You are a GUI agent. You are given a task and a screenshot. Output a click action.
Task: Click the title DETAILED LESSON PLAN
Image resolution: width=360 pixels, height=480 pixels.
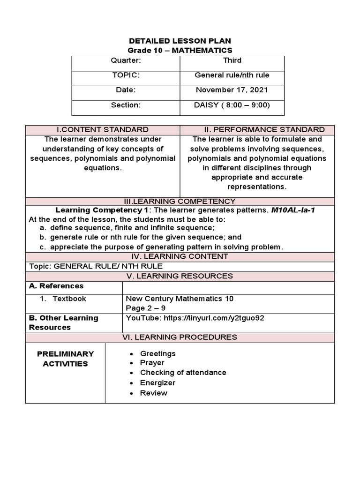click(x=180, y=41)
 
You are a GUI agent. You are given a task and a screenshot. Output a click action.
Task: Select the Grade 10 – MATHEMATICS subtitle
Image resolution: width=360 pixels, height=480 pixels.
click(x=180, y=50)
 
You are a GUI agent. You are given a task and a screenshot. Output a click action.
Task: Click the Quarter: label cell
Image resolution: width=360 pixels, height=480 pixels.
click(x=126, y=60)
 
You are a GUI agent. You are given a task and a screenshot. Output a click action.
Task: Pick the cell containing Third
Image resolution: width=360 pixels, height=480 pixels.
click(x=232, y=60)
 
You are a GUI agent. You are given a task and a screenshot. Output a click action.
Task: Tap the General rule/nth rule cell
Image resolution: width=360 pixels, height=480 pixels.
click(x=232, y=75)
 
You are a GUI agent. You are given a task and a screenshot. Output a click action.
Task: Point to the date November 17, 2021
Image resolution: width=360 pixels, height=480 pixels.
click(x=232, y=90)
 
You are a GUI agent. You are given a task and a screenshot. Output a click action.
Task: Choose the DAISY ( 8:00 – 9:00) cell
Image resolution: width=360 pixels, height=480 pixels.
click(x=232, y=105)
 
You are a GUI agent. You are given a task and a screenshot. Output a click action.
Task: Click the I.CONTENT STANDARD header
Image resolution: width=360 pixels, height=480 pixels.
click(x=102, y=129)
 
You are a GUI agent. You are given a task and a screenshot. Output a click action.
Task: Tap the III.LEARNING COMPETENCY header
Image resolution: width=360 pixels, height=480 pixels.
click(x=180, y=201)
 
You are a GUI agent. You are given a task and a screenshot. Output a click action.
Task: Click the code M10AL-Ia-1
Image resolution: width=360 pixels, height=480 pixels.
click(x=293, y=210)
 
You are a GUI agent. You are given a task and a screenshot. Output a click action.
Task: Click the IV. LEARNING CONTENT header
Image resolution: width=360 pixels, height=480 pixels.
click(x=180, y=256)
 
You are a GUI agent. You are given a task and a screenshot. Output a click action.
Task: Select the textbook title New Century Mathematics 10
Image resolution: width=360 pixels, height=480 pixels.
click(x=180, y=299)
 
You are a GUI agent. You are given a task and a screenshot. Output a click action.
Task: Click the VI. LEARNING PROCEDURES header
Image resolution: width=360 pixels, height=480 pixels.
click(x=180, y=337)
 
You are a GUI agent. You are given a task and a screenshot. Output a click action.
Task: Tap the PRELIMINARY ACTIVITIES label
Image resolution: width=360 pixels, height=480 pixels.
click(x=65, y=359)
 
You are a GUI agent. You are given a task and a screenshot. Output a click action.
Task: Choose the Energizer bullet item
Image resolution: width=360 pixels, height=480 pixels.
click(x=157, y=382)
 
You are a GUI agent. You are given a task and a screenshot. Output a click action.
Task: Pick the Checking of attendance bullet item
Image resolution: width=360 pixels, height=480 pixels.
click(x=183, y=373)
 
